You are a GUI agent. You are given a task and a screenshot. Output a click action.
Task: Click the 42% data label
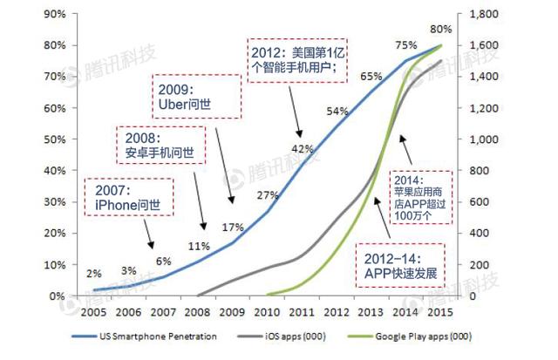302,148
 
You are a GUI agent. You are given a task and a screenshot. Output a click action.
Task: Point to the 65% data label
371,77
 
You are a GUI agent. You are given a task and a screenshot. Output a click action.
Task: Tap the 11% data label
200,245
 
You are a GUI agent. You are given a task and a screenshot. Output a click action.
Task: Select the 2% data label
94,274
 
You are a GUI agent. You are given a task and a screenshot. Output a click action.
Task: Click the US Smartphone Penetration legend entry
161,336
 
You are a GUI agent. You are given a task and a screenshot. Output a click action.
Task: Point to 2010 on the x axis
266,311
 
